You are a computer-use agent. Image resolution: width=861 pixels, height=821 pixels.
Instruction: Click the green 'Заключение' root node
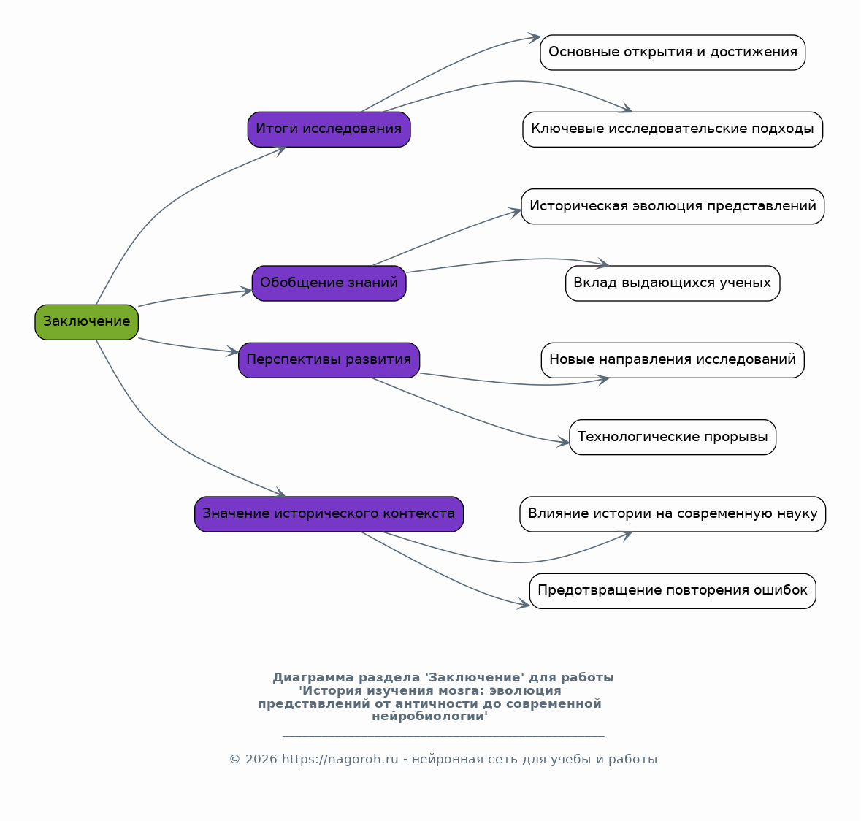click(87, 322)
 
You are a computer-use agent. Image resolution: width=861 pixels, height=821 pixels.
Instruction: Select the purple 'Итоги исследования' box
click(329, 129)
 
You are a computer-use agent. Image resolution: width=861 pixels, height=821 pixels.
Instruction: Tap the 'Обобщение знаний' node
click(329, 283)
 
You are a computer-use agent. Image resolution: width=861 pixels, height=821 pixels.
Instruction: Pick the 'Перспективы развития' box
click(329, 360)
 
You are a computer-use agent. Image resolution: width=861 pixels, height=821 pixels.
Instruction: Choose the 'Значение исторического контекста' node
click(329, 514)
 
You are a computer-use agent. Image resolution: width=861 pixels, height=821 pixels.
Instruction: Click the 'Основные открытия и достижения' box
click(673, 53)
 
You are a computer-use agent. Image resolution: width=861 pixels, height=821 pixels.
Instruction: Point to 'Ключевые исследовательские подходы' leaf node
click(673, 129)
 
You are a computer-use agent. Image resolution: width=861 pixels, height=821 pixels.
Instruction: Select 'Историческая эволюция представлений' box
click(673, 207)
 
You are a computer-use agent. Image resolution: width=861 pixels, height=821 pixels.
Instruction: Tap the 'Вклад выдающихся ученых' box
click(673, 283)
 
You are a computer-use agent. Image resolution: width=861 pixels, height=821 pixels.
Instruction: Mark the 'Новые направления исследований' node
click(673, 360)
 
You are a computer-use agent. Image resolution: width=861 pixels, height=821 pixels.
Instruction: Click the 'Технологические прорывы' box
click(673, 437)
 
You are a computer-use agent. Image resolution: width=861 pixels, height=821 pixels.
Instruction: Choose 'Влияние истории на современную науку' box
click(673, 514)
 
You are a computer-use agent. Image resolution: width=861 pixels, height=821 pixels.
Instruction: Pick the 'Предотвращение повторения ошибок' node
click(673, 591)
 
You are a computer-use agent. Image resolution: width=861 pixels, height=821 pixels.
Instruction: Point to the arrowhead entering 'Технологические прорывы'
click(564, 441)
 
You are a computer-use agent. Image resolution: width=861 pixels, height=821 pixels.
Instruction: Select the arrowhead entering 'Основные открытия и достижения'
click(535, 38)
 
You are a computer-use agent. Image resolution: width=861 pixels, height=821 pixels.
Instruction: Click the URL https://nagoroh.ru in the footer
click(340, 760)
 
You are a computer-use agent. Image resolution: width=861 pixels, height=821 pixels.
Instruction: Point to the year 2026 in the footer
click(261, 760)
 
